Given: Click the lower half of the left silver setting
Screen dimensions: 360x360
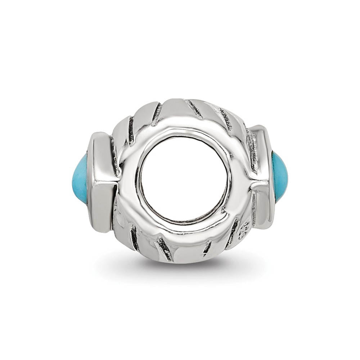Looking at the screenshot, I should (104, 205).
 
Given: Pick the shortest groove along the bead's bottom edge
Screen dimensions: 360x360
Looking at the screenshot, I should (206, 248).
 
